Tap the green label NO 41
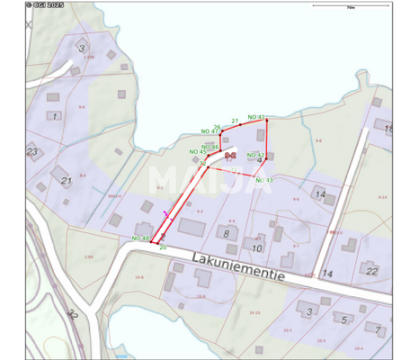coord(256,117)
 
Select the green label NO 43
coord(264,180)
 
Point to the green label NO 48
coord(140,238)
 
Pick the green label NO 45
coord(198,154)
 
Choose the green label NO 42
coord(255,155)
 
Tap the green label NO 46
coord(210,146)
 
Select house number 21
coord(66,181)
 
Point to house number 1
coord(55,116)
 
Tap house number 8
coord(226,234)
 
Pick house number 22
coord(372,270)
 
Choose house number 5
coord(343,319)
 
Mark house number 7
coord(379,328)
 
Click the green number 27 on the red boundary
coord(235,120)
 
